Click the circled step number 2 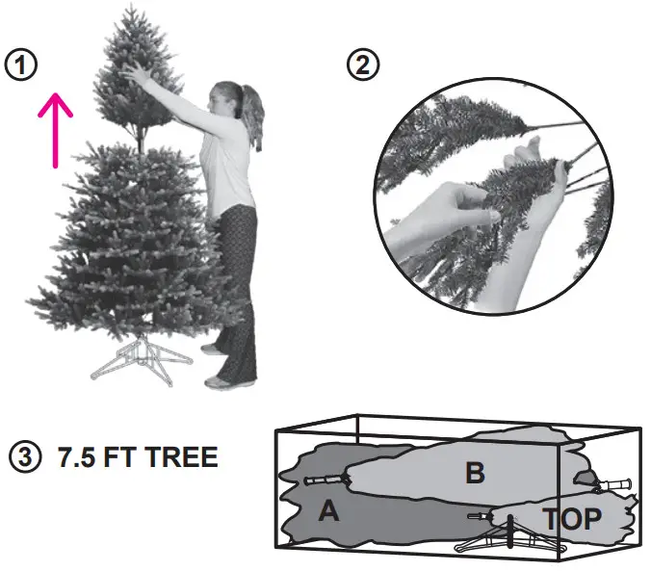pos(363,65)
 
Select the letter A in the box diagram pos(329,512)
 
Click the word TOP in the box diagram pos(572,519)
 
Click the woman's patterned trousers pos(236,289)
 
